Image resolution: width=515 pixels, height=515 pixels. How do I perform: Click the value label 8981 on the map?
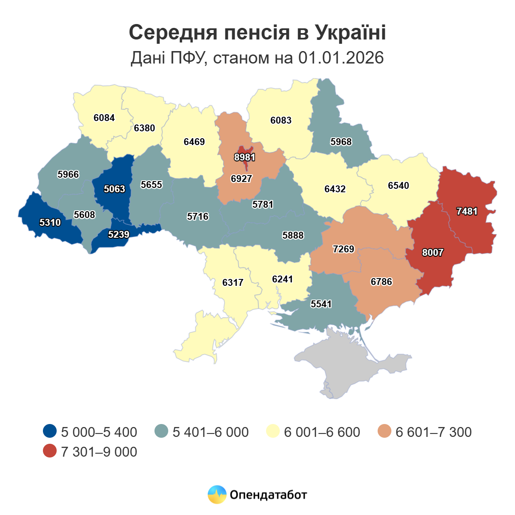click(245, 158)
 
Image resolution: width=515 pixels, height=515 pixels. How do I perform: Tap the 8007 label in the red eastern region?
click(432, 253)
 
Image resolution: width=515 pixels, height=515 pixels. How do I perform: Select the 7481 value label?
click(467, 212)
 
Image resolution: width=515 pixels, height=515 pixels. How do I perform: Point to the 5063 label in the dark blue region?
click(115, 189)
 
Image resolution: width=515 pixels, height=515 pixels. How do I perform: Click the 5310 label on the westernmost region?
click(50, 223)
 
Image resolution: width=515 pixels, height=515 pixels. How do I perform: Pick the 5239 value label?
click(119, 235)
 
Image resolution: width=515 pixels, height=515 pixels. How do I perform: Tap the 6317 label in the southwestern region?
click(233, 283)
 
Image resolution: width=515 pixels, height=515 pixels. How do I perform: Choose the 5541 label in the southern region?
click(321, 304)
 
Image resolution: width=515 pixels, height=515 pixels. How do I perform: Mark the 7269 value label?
click(344, 249)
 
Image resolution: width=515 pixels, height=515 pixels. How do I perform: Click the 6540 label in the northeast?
click(398, 186)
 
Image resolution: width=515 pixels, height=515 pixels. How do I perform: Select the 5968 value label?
click(341, 142)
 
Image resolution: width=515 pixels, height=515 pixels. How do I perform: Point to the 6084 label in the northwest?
click(104, 118)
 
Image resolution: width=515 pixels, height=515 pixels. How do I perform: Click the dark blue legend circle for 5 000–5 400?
click(50, 431)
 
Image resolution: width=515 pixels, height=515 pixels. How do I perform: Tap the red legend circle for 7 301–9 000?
click(50, 451)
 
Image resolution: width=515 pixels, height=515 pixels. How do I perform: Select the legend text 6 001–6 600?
click(322, 432)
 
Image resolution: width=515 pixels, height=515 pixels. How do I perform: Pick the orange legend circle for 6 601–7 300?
click(385, 431)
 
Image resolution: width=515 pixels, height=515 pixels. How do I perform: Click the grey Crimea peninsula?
click(356, 369)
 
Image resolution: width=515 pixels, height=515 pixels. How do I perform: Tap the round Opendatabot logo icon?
click(217, 494)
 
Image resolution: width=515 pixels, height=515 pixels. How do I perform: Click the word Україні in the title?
click(351, 33)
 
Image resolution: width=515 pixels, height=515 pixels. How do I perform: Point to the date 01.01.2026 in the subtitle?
click(341, 58)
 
